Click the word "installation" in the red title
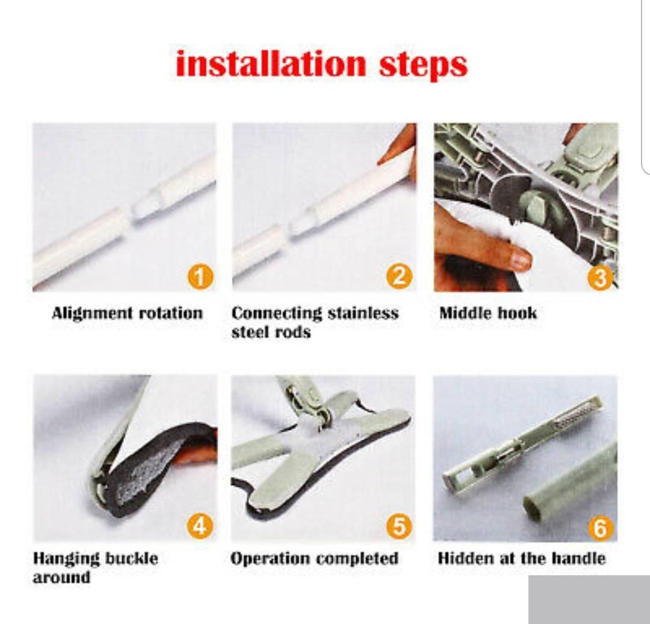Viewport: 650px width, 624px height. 271,64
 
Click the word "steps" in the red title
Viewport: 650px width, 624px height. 423,66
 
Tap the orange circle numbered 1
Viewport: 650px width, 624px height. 200,277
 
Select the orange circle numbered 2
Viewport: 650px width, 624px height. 400,276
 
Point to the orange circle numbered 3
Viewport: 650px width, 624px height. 600,277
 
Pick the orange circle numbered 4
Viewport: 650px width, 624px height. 200,526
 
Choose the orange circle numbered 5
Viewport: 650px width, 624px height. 399,526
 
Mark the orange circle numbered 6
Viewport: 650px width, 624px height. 600,528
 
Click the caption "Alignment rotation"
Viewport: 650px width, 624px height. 127,314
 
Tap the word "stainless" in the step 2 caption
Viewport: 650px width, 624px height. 363,313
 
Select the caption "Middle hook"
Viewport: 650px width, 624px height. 488,313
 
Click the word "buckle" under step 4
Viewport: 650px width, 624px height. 131,558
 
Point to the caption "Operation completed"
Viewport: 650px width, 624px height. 314,559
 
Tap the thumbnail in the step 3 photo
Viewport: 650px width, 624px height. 520,260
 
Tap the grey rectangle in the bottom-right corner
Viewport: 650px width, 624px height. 589,599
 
